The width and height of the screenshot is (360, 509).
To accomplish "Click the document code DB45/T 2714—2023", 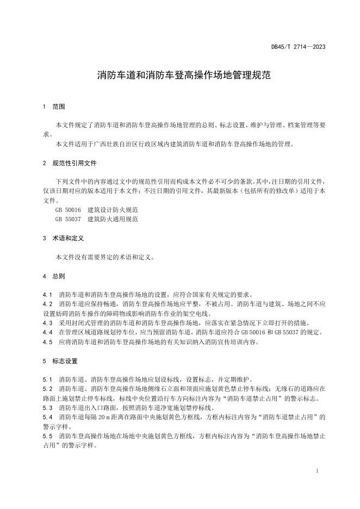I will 298,47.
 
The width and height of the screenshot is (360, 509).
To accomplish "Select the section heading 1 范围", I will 54,107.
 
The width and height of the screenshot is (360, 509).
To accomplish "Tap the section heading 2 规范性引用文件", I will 68,163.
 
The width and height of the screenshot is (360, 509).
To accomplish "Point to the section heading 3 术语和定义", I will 64,238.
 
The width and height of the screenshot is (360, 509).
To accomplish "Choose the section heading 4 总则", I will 54,276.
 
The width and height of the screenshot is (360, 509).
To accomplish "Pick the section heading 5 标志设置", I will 61,361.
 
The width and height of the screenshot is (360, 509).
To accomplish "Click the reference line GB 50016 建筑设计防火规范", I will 97,210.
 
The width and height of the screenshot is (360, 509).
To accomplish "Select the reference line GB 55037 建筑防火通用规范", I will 97,219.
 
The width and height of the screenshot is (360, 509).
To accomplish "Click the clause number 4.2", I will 47,303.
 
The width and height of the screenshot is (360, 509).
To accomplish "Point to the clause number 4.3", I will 47,322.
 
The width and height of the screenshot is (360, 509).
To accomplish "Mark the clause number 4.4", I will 47,332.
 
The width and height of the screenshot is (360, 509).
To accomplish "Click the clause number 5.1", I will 47,379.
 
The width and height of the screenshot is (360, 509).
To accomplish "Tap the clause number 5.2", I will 47,389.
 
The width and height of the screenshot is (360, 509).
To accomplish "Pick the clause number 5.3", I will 47,407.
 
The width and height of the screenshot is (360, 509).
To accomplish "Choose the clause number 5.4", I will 47,417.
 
